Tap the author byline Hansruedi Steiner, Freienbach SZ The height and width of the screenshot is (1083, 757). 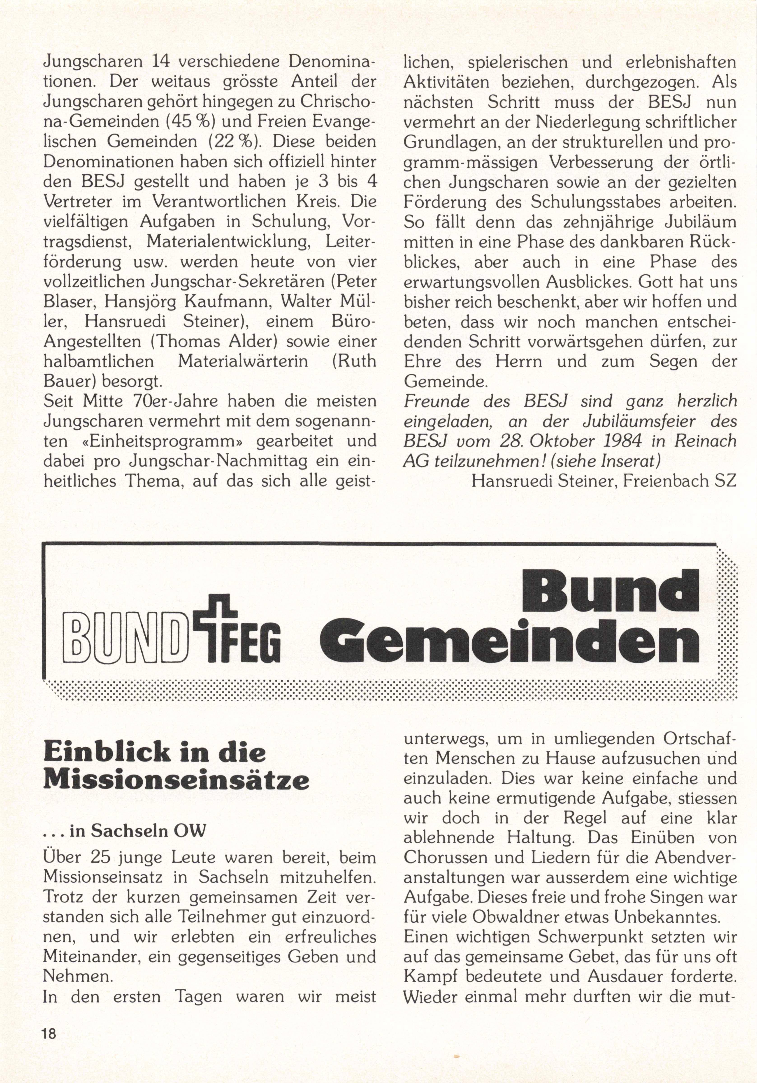pyautogui.click(x=604, y=481)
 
